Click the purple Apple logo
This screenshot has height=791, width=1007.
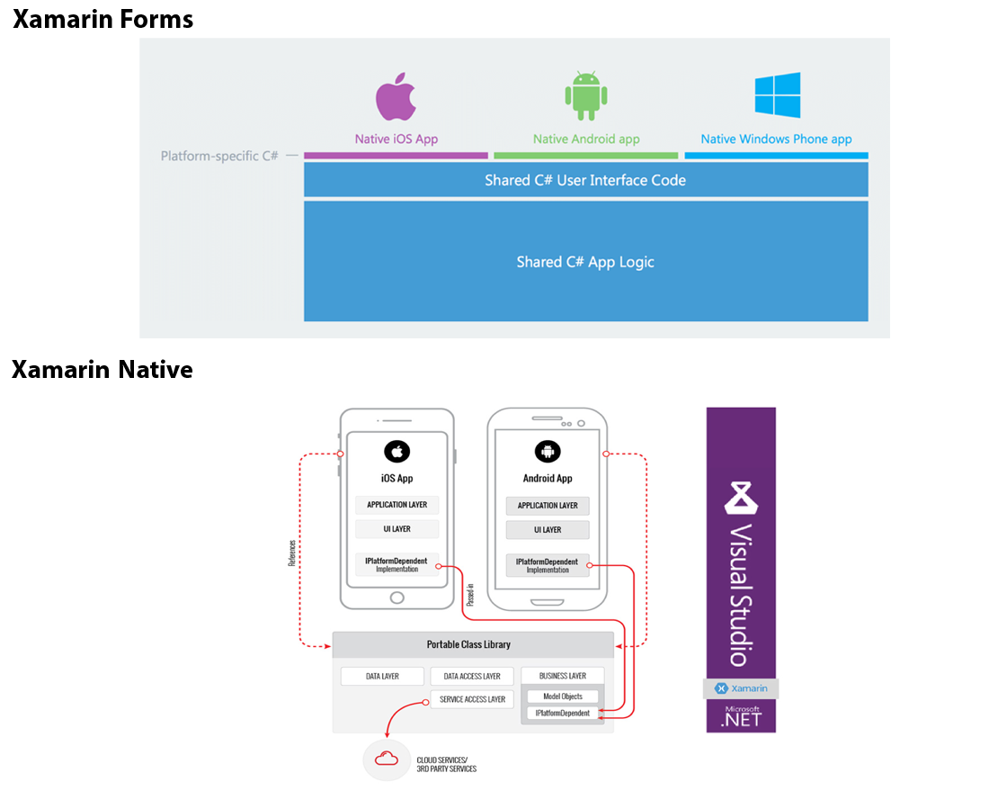tap(397, 97)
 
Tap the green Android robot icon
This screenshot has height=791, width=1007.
tap(586, 95)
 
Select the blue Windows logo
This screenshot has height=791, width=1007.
tap(777, 95)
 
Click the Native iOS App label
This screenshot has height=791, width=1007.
tap(397, 139)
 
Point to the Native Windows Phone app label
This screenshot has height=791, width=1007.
tap(776, 139)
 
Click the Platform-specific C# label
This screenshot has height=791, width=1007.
tap(219, 156)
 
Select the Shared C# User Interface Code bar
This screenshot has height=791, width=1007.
tap(585, 180)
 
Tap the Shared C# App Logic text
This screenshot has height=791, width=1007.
tap(585, 262)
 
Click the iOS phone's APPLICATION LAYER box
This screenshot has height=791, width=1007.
tap(397, 505)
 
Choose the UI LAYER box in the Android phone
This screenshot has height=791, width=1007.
tap(548, 530)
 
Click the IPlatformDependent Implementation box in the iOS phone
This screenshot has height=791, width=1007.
tap(397, 564)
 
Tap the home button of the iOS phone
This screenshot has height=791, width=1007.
tap(397, 598)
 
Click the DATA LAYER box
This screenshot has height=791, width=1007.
tap(382, 676)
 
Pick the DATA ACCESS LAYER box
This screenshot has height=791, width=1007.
tap(472, 676)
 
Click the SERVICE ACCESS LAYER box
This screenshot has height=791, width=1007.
tap(472, 699)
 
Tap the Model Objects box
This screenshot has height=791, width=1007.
tap(562, 697)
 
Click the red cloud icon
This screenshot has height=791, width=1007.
tap(387, 759)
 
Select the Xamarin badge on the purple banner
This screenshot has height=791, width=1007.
tap(740, 688)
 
